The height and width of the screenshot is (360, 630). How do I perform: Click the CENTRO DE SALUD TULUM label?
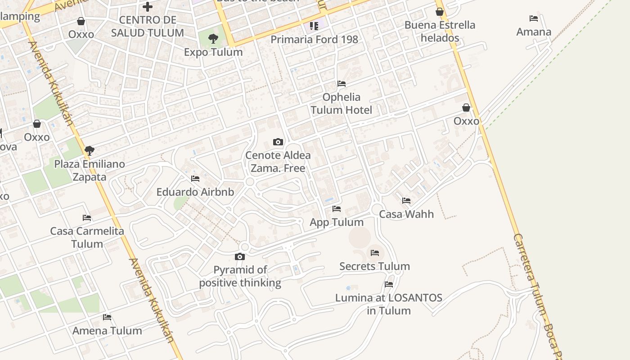point(148,26)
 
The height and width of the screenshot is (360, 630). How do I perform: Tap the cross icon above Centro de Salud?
point(147,7)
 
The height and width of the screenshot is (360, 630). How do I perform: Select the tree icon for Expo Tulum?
point(213,39)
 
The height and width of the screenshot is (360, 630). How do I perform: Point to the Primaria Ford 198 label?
point(314,39)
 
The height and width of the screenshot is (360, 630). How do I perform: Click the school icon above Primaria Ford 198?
point(314,26)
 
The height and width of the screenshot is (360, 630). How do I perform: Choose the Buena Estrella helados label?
point(440,31)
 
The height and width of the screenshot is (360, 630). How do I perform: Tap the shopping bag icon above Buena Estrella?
point(440,12)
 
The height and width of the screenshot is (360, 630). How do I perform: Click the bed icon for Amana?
point(534,18)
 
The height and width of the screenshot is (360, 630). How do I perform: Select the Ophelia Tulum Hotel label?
point(342,103)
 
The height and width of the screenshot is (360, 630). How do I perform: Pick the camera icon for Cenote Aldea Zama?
point(278,142)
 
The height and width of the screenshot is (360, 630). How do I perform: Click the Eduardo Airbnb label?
point(195,192)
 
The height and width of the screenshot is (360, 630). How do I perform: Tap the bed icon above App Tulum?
point(337,209)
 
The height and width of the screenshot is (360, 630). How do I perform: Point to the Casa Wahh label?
point(406,214)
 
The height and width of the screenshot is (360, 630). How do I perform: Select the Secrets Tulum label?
point(374,266)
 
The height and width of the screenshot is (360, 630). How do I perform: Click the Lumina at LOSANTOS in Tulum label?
point(389,304)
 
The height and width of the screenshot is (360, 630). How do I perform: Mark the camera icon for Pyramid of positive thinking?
point(240,257)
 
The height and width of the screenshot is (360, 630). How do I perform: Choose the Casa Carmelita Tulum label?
point(87,237)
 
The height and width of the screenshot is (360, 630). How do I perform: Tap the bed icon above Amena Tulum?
point(107,317)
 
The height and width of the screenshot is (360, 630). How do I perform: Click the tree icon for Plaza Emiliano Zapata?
point(89,151)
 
